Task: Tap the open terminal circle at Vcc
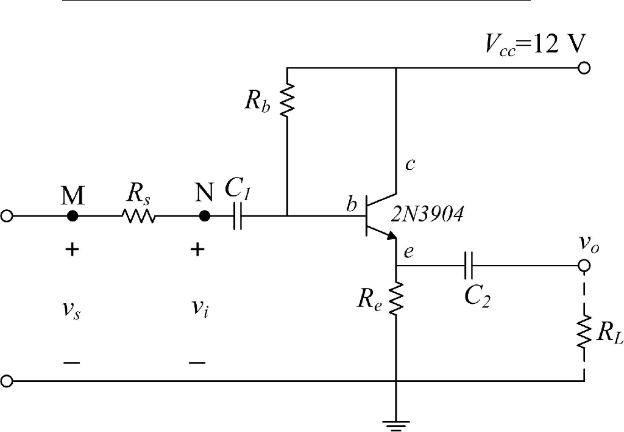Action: pyautogui.click(x=584, y=68)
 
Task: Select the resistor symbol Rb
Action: pyautogui.click(x=288, y=100)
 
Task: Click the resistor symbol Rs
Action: pyautogui.click(x=138, y=216)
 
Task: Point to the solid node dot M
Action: pyautogui.click(x=73, y=216)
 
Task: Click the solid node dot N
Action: pyautogui.click(x=205, y=216)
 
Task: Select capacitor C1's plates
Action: pyautogui.click(x=238, y=216)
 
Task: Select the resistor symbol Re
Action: pyautogui.click(x=397, y=298)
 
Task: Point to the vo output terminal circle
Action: pyautogui.click(x=584, y=266)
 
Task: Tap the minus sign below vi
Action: pyautogui.click(x=197, y=362)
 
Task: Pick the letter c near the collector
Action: pyautogui.click(x=410, y=165)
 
